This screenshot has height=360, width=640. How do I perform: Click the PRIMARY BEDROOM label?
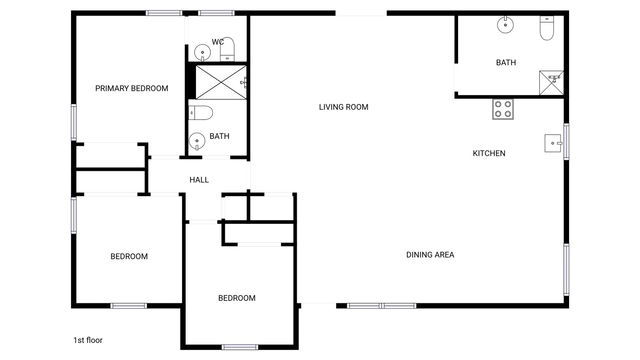(x=131, y=88)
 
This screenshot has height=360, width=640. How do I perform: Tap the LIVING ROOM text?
(x=344, y=107)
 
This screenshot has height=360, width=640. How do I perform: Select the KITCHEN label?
(x=489, y=153)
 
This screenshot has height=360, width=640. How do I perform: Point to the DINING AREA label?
(x=430, y=255)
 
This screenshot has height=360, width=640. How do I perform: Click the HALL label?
(x=199, y=180)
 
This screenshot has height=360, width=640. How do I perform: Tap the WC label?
(x=217, y=42)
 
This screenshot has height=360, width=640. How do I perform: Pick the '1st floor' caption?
(x=88, y=340)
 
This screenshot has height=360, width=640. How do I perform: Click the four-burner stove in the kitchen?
(x=503, y=109)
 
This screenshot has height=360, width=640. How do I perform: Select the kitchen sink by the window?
(x=553, y=143)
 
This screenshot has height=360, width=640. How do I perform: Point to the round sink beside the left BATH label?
(x=197, y=141)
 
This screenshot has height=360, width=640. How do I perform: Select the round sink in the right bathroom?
(x=507, y=25)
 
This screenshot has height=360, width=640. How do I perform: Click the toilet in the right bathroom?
(x=545, y=29)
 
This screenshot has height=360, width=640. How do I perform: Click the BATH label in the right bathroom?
(x=506, y=63)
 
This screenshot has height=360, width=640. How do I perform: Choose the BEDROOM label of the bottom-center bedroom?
(x=237, y=298)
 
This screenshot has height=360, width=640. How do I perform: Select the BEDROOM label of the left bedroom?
(x=129, y=257)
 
